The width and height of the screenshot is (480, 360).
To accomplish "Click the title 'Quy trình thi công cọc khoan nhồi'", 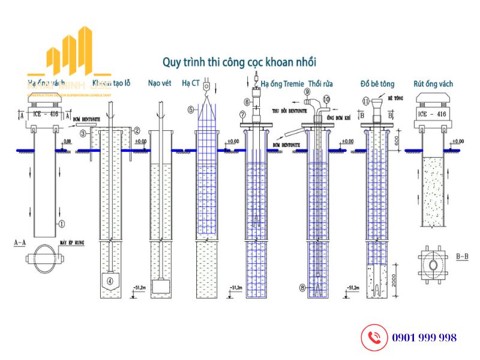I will [239, 62].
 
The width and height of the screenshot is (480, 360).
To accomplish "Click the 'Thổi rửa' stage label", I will [322, 83].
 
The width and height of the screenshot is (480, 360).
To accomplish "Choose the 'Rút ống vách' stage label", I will [433, 83].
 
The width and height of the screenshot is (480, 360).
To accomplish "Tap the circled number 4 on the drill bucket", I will [110, 280].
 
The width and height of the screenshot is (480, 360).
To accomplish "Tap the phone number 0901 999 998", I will [424, 338].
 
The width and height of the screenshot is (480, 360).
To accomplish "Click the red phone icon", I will [373, 337].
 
